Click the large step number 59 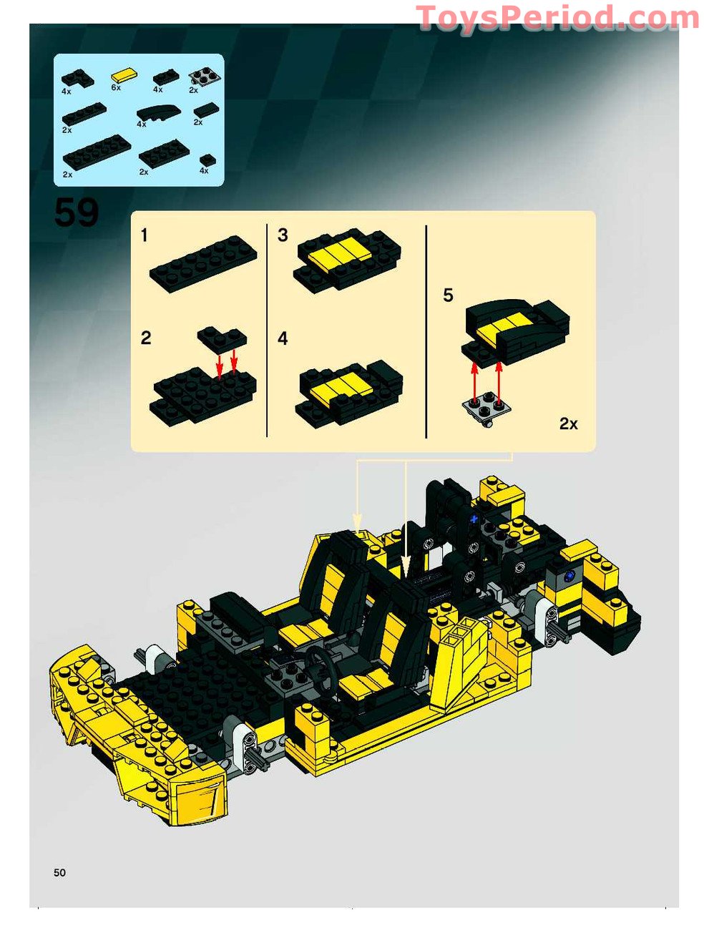tap(76, 212)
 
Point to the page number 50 tap(59, 872)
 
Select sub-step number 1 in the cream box tap(145, 235)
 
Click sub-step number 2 tap(146, 338)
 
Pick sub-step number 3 tap(283, 235)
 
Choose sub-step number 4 tap(283, 338)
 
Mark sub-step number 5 tap(448, 295)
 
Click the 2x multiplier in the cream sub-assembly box tap(568, 424)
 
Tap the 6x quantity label tap(116, 87)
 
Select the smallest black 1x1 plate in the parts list tap(207, 160)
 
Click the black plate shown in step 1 tap(202, 263)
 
